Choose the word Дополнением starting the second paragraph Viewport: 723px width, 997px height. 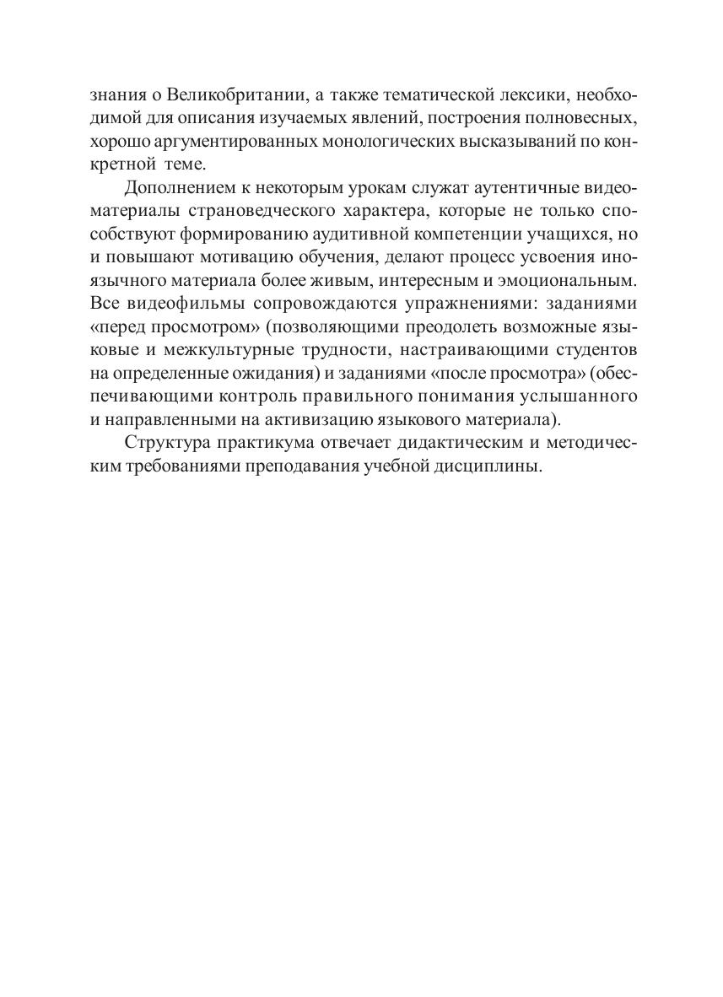(x=175, y=187)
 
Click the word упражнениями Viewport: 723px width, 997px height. (x=453, y=303)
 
